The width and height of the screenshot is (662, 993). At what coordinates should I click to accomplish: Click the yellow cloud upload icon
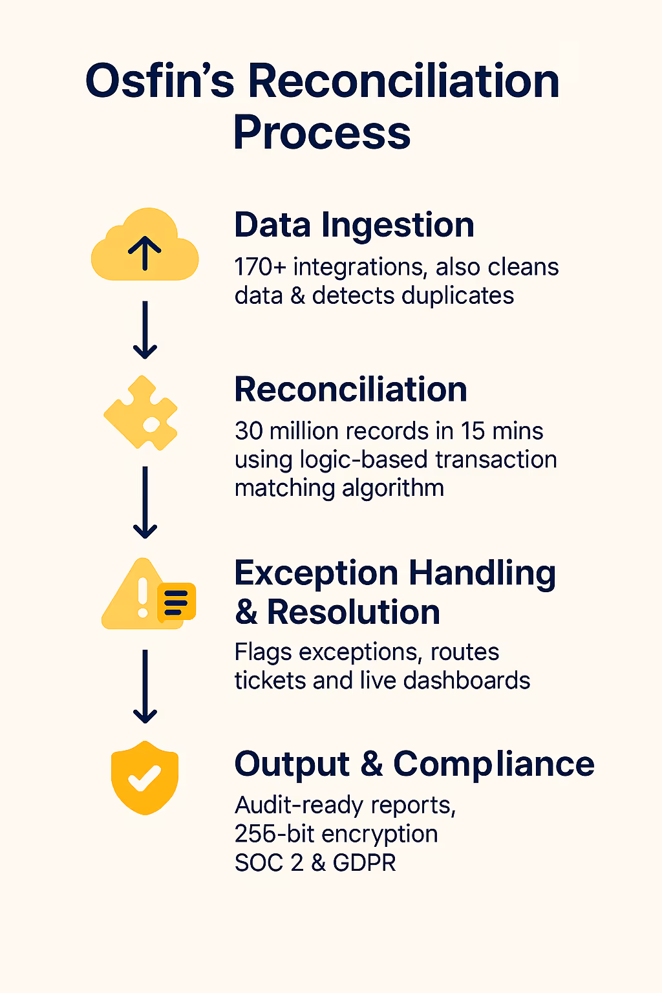(145, 246)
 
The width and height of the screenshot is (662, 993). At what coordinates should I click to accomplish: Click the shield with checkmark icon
(145, 777)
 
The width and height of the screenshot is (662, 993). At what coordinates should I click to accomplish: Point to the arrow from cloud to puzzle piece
(145, 330)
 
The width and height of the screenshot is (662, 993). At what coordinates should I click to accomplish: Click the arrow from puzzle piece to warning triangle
(145, 502)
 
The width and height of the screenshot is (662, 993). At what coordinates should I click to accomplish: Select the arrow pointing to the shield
(145, 687)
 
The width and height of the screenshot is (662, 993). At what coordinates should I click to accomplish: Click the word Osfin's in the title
(160, 82)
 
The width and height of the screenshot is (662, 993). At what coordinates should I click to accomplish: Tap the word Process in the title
(322, 133)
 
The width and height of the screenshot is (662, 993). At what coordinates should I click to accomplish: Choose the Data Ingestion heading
(354, 225)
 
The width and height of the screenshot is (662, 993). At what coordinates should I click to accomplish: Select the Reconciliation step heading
(350, 389)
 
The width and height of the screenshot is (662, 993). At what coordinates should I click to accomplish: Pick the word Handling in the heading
(482, 573)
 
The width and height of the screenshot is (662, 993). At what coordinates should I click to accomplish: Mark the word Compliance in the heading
(494, 764)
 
